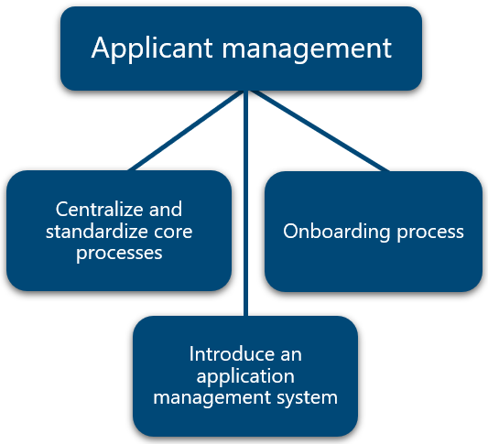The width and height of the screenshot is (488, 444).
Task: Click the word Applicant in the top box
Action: pyautogui.click(x=152, y=49)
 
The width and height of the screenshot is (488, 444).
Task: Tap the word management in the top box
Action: pyautogui.click(x=307, y=50)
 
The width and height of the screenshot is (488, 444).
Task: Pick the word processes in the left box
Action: pyautogui.click(x=119, y=254)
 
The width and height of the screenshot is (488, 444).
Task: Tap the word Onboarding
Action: pyautogui.click(x=336, y=232)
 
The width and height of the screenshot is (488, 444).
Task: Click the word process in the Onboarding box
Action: pyautogui.click(x=430, y=233)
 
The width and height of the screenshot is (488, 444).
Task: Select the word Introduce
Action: pyautogui.click(x=232, y=353)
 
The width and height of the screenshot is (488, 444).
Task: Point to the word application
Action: pyautogui.click(x=245, y=376)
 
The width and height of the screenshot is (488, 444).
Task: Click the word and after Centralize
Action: pyautogui.click(x=165, y=209)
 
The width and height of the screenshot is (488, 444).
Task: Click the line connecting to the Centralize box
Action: pyautogui.click(x=186, y=130)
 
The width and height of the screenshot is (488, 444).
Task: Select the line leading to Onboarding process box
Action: pyautogui.click(x=320, y=131)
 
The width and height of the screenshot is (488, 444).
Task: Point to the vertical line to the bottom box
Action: pyautogui.click(x=246, y=203)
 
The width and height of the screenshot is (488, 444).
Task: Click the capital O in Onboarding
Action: pyautogui.click(x=290, y=232)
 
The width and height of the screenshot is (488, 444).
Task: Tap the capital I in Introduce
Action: pyautogui.click(x=191, y=354)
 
